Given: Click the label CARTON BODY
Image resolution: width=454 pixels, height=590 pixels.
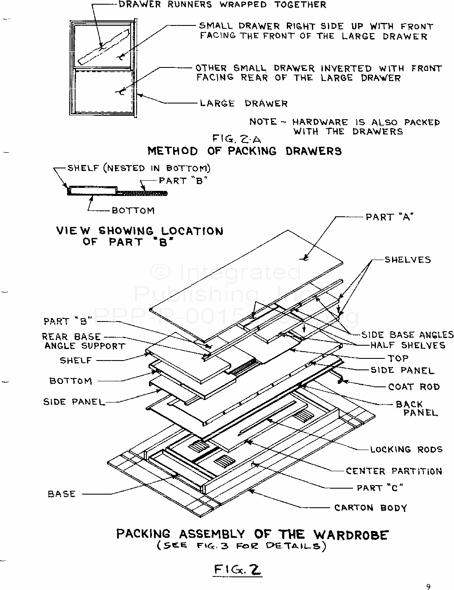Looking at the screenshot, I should [370, 508].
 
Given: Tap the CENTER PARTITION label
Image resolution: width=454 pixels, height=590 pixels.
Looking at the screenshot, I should [394, 471].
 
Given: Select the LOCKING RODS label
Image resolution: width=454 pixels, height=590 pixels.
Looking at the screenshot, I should [406, 449].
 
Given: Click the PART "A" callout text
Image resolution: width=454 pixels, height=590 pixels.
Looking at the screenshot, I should [389, 217].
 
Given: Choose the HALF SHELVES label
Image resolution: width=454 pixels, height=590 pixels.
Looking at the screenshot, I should [408, 345].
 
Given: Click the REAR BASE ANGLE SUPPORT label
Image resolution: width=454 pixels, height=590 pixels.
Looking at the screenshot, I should [83, 341].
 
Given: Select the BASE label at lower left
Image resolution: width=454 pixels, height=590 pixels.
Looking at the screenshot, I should [62, 494].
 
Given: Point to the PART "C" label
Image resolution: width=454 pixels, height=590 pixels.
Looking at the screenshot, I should [380, 488].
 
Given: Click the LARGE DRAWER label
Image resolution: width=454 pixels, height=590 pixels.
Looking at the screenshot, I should [244, 103].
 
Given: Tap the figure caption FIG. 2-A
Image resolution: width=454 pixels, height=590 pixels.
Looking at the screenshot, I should [237, 139].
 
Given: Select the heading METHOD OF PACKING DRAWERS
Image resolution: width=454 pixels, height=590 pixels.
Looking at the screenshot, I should [244, 151].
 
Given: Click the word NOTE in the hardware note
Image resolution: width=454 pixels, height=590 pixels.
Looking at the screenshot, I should [263, 122].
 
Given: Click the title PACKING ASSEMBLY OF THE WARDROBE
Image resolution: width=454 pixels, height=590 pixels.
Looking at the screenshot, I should [252, 534].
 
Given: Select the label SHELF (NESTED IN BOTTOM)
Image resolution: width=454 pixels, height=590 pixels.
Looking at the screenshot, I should [139, 168].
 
